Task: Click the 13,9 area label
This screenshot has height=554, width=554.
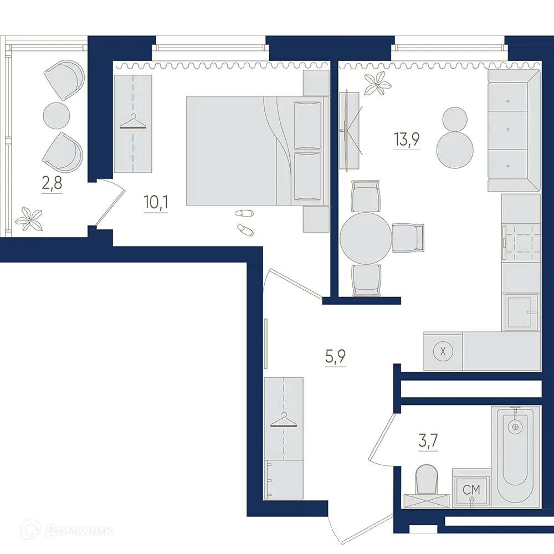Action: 407,139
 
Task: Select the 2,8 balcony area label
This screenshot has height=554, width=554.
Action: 52,182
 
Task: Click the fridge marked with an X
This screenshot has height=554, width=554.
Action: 442,351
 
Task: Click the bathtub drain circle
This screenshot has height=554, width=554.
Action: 516,427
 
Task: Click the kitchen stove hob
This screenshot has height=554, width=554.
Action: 521,242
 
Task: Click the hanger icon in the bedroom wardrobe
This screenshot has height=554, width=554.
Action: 133,122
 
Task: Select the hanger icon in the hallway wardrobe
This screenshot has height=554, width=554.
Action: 284,421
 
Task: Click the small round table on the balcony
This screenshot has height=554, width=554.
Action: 57,115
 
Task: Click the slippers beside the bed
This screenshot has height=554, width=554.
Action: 243,220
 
